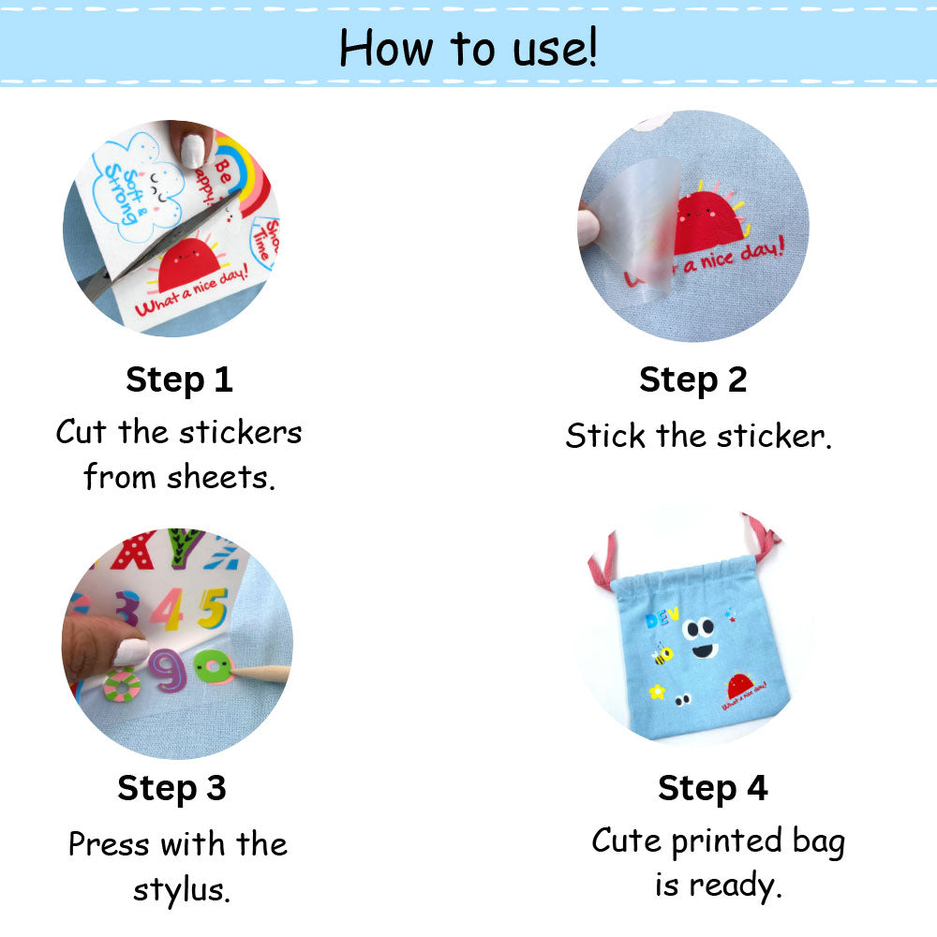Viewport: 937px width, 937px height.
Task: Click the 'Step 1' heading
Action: click(179, 379)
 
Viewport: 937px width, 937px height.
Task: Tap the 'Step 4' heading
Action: click(712, 788)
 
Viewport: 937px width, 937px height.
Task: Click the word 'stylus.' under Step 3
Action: click(181, 888)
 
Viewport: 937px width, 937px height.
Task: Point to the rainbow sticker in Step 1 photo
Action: click(241, 173)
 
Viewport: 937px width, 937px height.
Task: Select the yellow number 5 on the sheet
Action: click(213, 607)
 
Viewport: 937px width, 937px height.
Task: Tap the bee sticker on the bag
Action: click(663, 654)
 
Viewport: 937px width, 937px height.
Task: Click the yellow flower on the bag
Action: click(658, 692)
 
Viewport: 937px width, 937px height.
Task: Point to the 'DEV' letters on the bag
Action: click(662, 620)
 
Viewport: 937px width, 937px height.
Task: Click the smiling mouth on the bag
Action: click(701, 650)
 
